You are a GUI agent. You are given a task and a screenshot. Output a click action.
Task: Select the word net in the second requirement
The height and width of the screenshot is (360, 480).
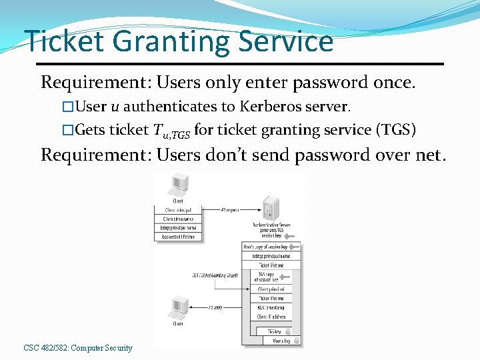click(x=427, y=155)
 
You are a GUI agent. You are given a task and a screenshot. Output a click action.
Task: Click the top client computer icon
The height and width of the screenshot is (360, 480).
click(x=178, y=186)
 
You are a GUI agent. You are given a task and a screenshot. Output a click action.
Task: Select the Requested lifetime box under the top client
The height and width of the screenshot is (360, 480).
click(x=179, y=237)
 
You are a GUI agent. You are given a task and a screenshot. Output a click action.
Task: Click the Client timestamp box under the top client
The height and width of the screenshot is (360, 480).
click(x=179, y=219)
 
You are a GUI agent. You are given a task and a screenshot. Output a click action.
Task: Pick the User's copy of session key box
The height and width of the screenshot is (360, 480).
click(x=270, y=246)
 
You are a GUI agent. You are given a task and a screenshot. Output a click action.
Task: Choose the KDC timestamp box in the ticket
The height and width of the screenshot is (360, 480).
click(x=270, y=307)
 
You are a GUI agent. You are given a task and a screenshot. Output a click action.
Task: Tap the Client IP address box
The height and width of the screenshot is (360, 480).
click(x=270, y=317)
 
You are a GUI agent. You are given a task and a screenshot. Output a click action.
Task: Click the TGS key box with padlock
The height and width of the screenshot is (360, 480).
click(x=273, y=331)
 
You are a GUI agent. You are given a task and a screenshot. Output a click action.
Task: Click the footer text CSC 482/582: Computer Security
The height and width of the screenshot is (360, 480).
click(x=78, y=348)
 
